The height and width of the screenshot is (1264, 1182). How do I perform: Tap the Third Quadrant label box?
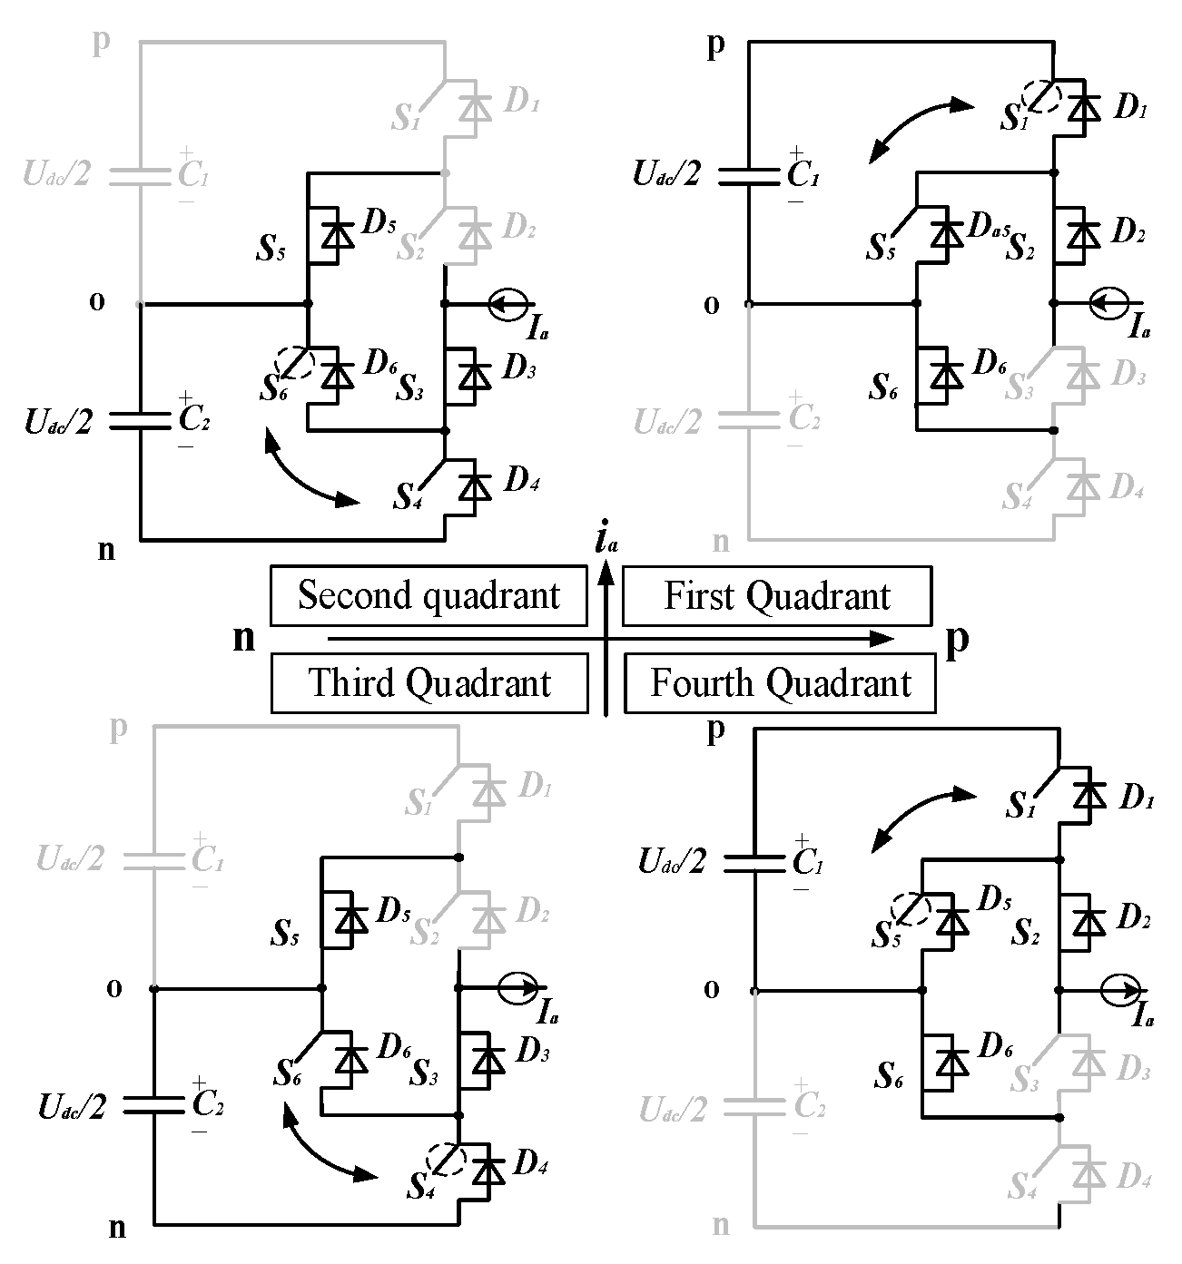click(x=428, y=683)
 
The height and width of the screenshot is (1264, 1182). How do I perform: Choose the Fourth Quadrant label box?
click(x=780, y=683)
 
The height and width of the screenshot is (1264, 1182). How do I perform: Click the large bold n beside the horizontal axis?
click(x=244, y=638)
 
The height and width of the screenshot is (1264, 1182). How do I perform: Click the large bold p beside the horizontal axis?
click(x=958, y=640)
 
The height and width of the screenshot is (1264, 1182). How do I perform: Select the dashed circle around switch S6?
click(x=296, y=365)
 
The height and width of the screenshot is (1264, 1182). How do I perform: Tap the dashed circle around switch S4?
click(x=446, y=1159)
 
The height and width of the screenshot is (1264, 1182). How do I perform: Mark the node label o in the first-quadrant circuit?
click(x=712, y=305)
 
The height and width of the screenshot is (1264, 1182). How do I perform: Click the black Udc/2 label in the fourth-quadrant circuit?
click(x=672, y=860)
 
